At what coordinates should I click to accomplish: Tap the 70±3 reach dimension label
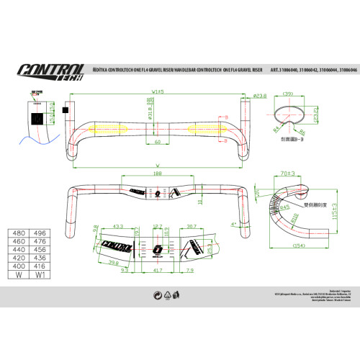pyautogui.click(x=289, y=173)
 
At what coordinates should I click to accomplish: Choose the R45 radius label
pyautogui.click(x=287, y=207)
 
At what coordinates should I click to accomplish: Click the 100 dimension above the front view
pyautogui.click(x=158, y=174)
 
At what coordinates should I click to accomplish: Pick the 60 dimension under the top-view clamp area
pyautogui.click(x=158, y=142)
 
